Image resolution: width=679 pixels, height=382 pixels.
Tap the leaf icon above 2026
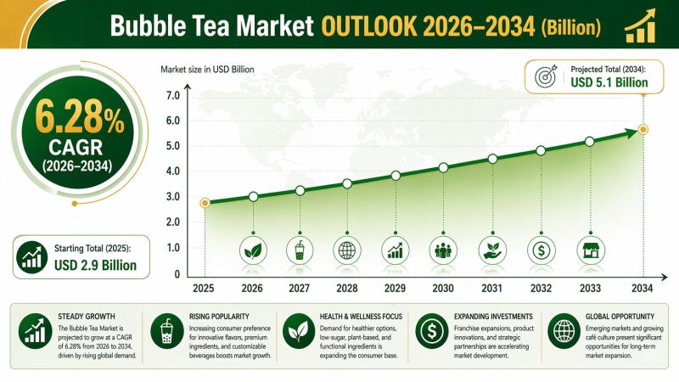point(253,250)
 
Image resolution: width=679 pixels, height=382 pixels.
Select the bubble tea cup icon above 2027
point(300,250)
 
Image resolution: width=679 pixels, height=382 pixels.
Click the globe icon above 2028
point(347,250)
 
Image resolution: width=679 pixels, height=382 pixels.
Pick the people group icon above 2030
point(443,250)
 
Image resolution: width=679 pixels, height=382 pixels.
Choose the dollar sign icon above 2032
point(541,250)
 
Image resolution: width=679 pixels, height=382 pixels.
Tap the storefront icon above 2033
point(588,250)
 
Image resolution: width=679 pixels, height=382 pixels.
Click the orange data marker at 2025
point(205,203)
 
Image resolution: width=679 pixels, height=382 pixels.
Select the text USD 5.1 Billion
point(609,82)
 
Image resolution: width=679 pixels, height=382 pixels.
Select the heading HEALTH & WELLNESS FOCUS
point(347,316)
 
